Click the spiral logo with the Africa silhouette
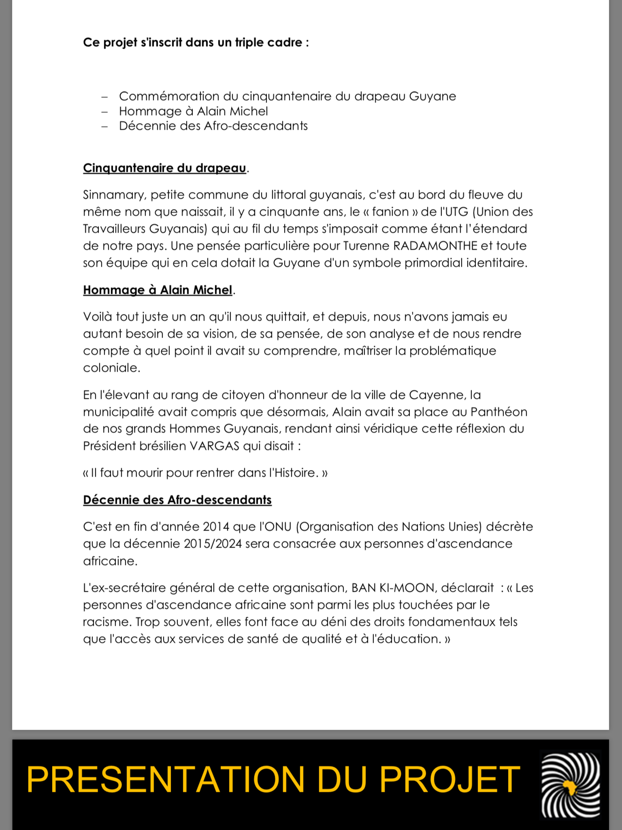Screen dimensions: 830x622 point(570,784)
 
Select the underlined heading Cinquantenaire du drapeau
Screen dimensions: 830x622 point(164,168)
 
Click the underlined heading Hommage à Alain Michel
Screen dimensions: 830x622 point(157,290)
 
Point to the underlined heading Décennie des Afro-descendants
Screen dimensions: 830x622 point(177,500)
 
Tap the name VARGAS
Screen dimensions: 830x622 point(215,446)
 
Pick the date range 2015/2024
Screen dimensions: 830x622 point(213,544)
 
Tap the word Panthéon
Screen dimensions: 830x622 point(499,412)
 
